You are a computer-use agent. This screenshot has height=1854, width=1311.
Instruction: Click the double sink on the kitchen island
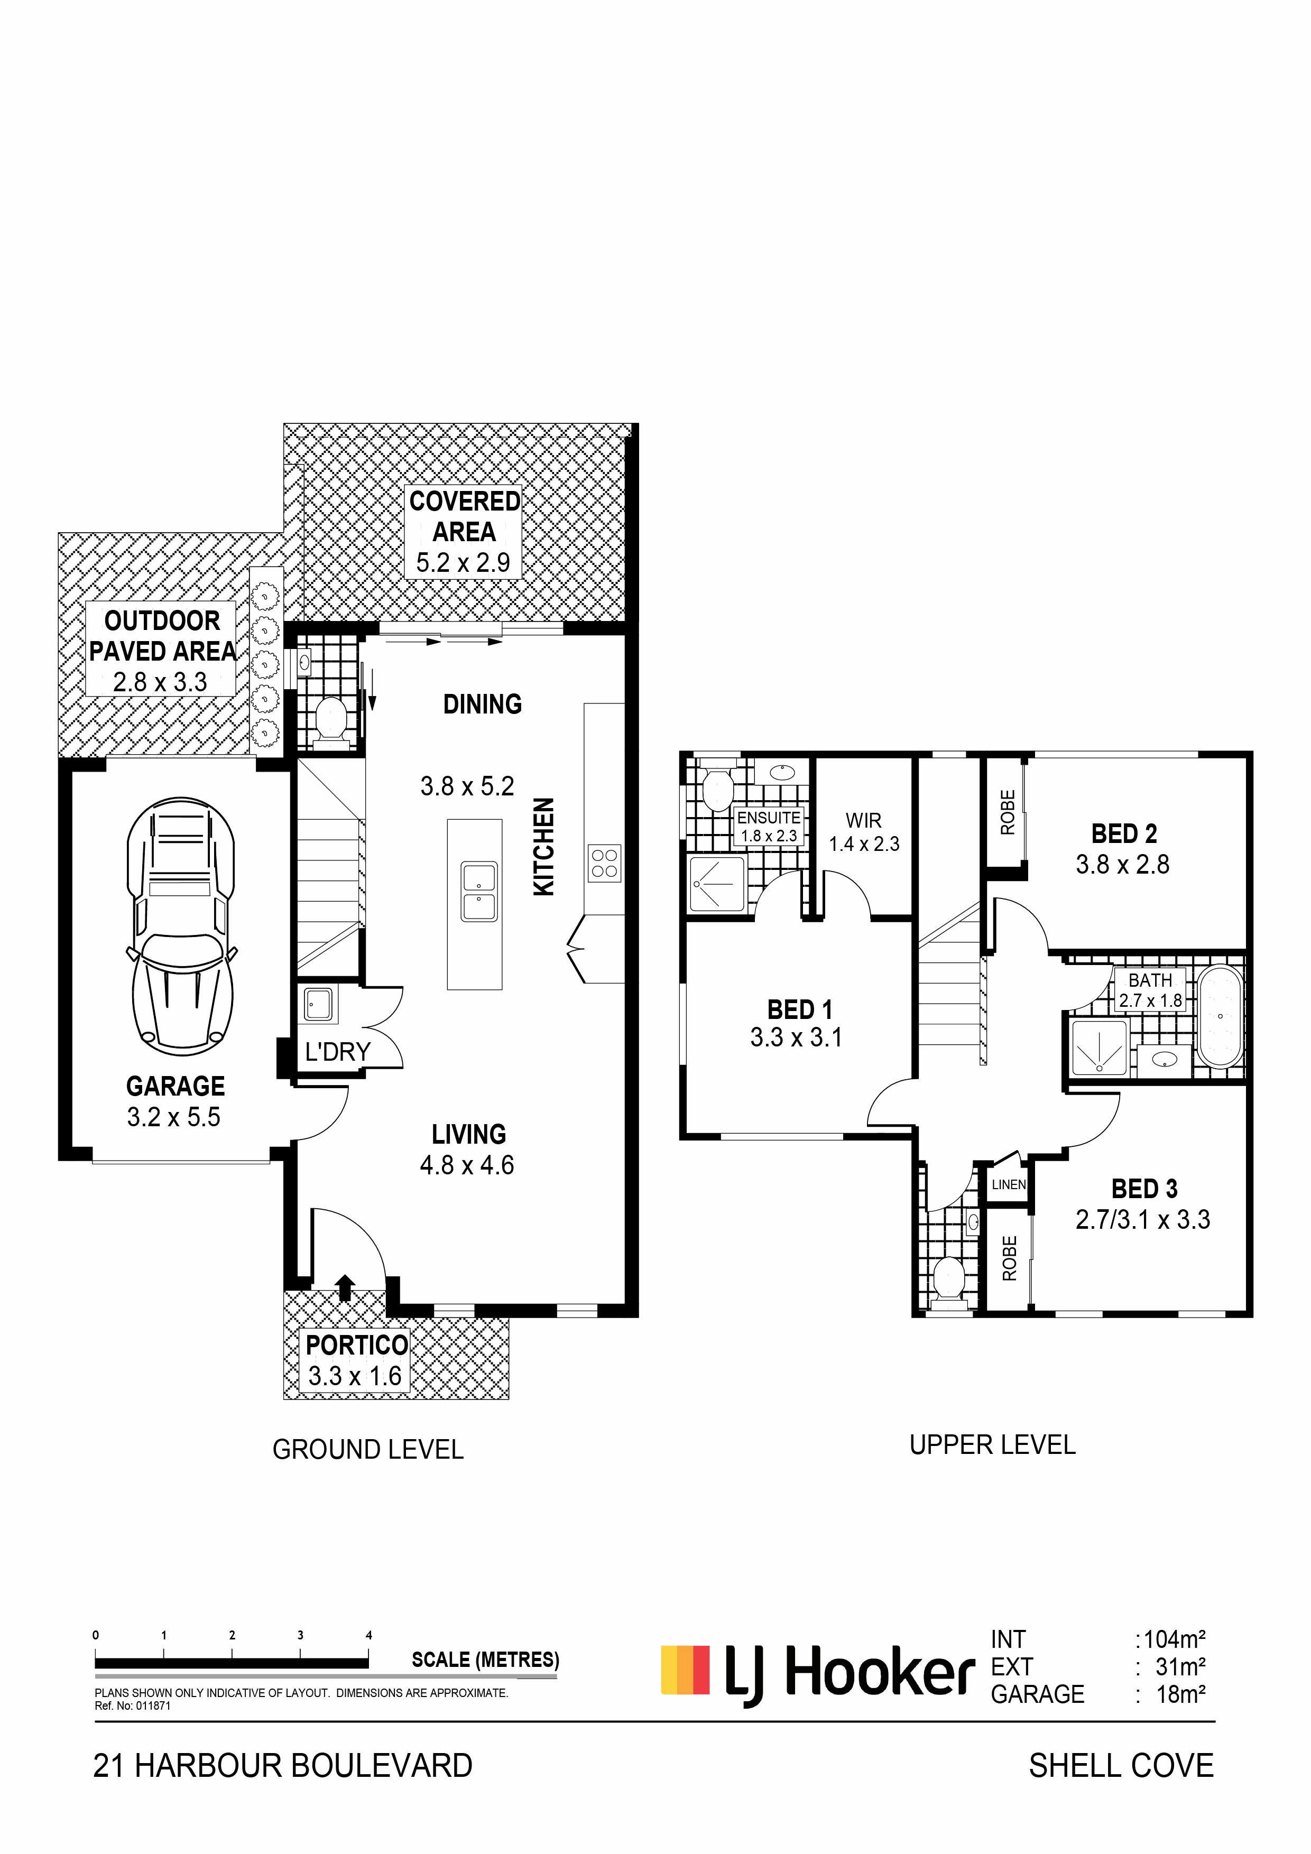(x=479, y=892)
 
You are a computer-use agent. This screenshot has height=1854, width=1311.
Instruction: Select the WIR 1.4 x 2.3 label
(x=863, y=832)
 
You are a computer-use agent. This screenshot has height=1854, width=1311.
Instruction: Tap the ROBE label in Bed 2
(x=1007, y=812)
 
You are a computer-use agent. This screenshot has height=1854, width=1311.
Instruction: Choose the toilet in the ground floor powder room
(x=329, y=718)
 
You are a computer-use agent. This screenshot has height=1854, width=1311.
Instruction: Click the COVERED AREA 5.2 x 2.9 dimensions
(x=463, y=563)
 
